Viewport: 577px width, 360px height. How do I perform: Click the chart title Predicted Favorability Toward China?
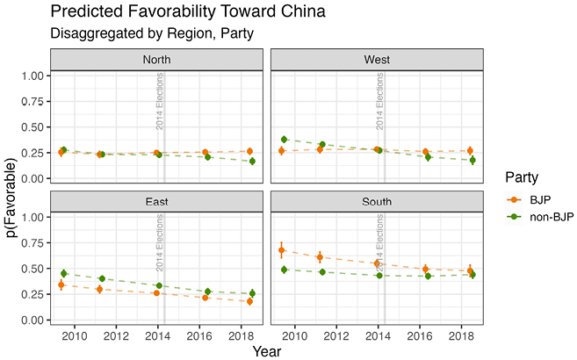click(188, 11)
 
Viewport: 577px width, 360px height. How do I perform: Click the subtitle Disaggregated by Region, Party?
click(152, 33)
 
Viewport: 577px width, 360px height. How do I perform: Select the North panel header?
click(156, 60)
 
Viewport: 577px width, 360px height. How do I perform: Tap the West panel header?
click(377, 60)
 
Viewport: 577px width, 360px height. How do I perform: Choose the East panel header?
click(156, 201)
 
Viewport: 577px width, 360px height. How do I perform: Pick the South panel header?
click(377, 201)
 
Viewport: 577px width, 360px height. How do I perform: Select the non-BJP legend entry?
click(540, 217)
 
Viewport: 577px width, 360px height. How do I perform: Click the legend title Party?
click(522, 177)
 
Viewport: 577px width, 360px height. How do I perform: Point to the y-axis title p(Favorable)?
click(12, 198)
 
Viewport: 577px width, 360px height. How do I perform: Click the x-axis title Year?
click(267, 351)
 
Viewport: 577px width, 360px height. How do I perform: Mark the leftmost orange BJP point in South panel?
click(282, 250)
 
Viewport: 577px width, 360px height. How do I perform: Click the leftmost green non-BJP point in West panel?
click(284, 140)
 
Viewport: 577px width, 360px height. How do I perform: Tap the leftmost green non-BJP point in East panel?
click(63, 273)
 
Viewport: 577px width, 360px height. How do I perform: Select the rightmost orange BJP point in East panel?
click(249, 301)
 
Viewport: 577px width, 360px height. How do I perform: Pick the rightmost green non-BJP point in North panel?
click(252, 161)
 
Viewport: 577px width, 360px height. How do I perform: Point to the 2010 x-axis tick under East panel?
click(75, 336)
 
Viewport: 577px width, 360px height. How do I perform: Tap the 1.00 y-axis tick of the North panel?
click(32, 76)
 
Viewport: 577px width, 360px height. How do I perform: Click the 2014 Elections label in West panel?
click(379, 101)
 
